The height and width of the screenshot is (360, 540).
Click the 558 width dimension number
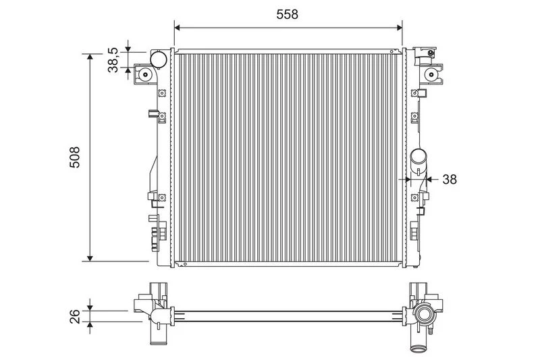click(288, 14)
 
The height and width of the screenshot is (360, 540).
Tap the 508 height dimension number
click(74, 157)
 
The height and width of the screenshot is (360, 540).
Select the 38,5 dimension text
click(113, 60)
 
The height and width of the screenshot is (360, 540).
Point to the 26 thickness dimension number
click(75, 316)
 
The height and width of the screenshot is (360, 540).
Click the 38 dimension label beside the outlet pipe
click(450, 179)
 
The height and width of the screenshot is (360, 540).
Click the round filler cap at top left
click(159, 59)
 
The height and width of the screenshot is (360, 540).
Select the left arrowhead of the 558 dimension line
click(177, 28)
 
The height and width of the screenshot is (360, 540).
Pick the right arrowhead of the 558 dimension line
click(400, 28)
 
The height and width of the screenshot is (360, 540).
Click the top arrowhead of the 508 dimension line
click(90, 57)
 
